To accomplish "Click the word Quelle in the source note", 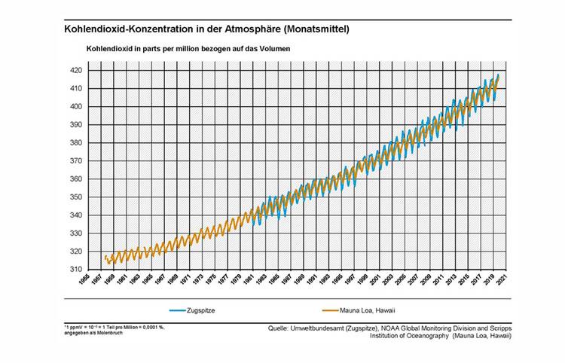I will pos(278,328).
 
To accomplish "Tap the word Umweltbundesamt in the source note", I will pos(319,328).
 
